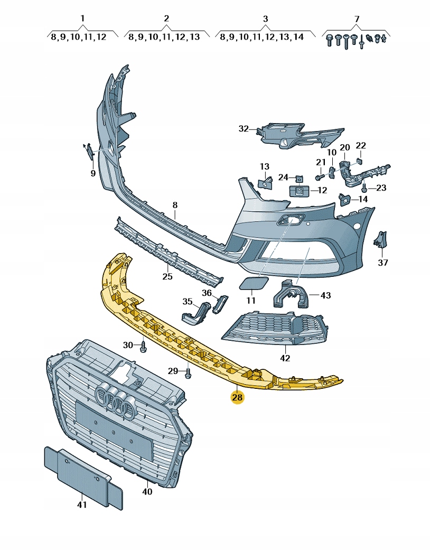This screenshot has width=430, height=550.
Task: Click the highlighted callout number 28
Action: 237,397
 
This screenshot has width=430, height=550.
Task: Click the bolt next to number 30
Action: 144,347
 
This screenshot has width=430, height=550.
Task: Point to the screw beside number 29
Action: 189,373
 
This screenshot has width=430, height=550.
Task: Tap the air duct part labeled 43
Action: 291,294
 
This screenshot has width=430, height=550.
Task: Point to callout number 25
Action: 167,276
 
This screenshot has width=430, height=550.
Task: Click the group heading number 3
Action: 265,18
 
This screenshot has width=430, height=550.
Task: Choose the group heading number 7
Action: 357,18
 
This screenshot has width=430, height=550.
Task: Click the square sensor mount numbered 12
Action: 300,191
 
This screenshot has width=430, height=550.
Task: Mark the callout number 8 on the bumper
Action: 175,205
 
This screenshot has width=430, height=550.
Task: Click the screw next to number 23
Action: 364,187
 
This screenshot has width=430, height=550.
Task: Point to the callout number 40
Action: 147,491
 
